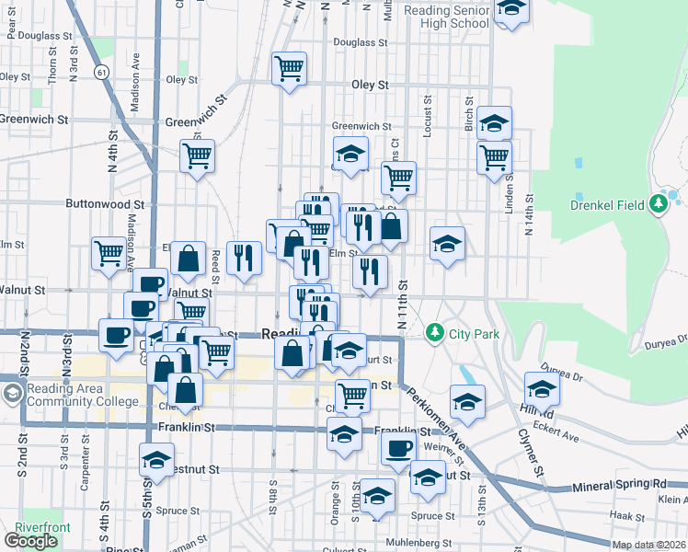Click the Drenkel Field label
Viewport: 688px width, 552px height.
(x=609, y=204)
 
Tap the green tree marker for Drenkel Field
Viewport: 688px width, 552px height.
(x=659, y=203)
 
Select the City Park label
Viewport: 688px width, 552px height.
(x=475, y=333)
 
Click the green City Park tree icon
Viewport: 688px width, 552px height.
(x=435, y=333)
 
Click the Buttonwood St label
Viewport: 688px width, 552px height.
(x=105, y=204)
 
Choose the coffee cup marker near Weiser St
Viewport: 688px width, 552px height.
(x=398, y=448)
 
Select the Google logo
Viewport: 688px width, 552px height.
(x=30, y=541)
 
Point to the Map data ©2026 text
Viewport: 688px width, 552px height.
(x=648, y=545)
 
